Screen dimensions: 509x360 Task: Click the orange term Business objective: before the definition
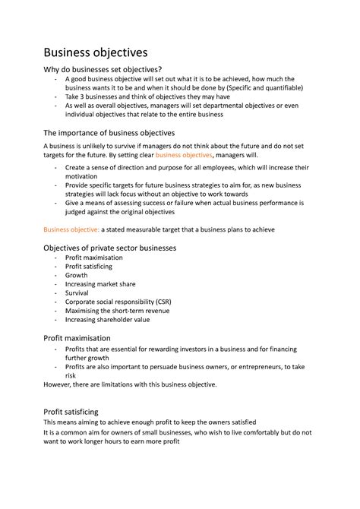[x=71, y=229]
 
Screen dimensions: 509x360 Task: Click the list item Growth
[x=76, y=276]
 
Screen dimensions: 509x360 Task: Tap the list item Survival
[x=77, y=293]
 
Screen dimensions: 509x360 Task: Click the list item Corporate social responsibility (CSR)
[x=118, y=302]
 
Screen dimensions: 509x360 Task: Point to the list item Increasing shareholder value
[x=107, y=319]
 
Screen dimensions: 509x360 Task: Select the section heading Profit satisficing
[x=71, y=412]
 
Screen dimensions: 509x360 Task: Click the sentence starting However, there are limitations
[x=130, y=384]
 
